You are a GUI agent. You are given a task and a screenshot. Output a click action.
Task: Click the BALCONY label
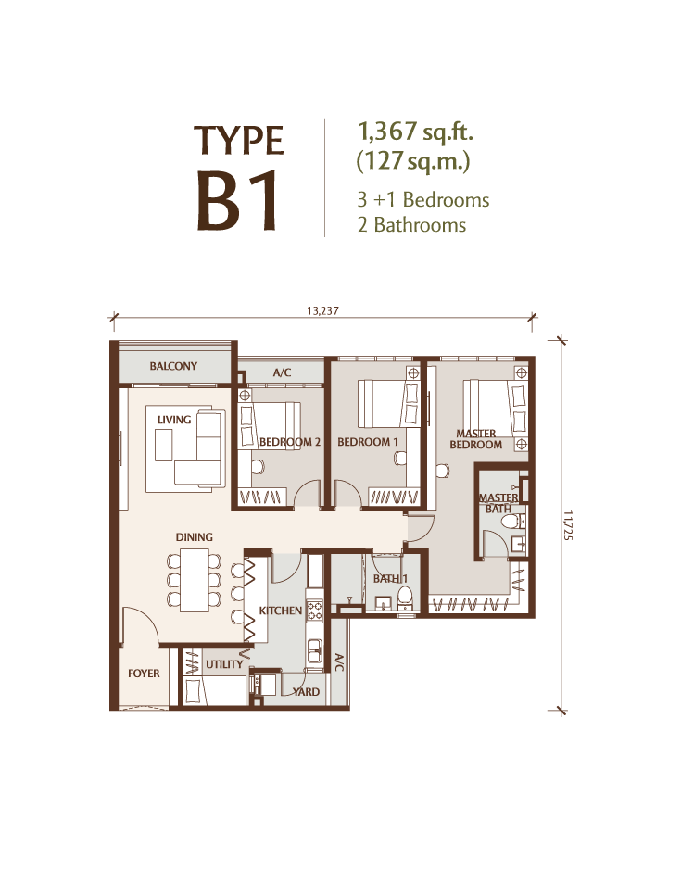click(x=173, y=366)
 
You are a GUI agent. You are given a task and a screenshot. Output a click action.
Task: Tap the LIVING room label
click(x=174, y=420)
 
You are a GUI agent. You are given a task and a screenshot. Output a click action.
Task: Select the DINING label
click(x=194, y=537)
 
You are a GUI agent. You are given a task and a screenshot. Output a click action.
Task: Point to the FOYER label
click(x=144, y=674)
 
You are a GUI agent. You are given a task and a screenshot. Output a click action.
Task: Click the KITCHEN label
click(x=281, y=611)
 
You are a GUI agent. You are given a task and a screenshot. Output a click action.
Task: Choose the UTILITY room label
click(x=224, y=664)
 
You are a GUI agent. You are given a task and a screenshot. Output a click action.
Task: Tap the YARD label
click(x=306, y=692)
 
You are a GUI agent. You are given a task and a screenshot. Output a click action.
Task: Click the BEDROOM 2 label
click(x=290, y=442)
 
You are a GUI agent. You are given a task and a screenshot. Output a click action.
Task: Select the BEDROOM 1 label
click(x=368, y=442)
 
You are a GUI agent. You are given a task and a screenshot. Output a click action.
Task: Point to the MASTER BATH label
click(x=498, y=503)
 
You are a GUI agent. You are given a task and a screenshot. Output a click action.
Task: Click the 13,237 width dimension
click(x=322, y=311)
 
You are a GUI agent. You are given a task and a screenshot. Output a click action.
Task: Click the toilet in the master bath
click(x=510, y=521)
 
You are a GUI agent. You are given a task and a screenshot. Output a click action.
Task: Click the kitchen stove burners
click(x=315, y=611)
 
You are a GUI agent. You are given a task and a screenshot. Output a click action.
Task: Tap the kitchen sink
click(x=315, y=650)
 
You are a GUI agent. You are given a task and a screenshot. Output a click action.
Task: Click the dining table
click(x=195, y=580)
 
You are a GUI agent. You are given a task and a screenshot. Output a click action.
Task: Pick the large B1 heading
click(x=237, y=201)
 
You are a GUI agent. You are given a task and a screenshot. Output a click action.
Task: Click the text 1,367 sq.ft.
click(x=415, y=132)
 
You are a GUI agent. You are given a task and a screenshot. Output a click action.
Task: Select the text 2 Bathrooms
click(x=411, y=225)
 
